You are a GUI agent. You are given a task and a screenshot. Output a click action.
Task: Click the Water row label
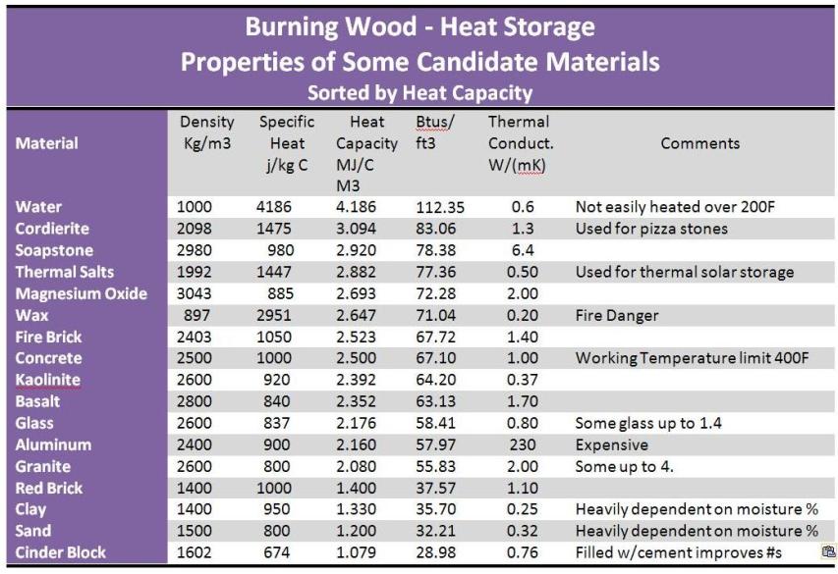point(38,207)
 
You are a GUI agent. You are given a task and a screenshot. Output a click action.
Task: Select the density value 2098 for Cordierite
point(196,229)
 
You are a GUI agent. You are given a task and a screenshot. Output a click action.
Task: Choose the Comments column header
point(699,143)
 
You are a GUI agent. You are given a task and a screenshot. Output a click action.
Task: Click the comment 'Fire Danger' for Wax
point(616,315)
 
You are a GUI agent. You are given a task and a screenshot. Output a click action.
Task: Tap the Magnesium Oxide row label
point(82,293)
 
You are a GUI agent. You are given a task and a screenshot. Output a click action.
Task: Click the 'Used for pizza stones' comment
point(651,229)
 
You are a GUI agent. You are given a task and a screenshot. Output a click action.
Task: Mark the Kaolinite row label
point(48,380)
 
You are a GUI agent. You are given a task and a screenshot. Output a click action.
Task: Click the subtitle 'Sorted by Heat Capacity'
point(419,94)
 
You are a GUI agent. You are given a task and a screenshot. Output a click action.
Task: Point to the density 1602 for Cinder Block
point(196,552)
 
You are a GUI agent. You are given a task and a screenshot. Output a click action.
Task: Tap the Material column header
point(46,143)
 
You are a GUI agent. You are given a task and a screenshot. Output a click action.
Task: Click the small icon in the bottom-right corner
point(827,553)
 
